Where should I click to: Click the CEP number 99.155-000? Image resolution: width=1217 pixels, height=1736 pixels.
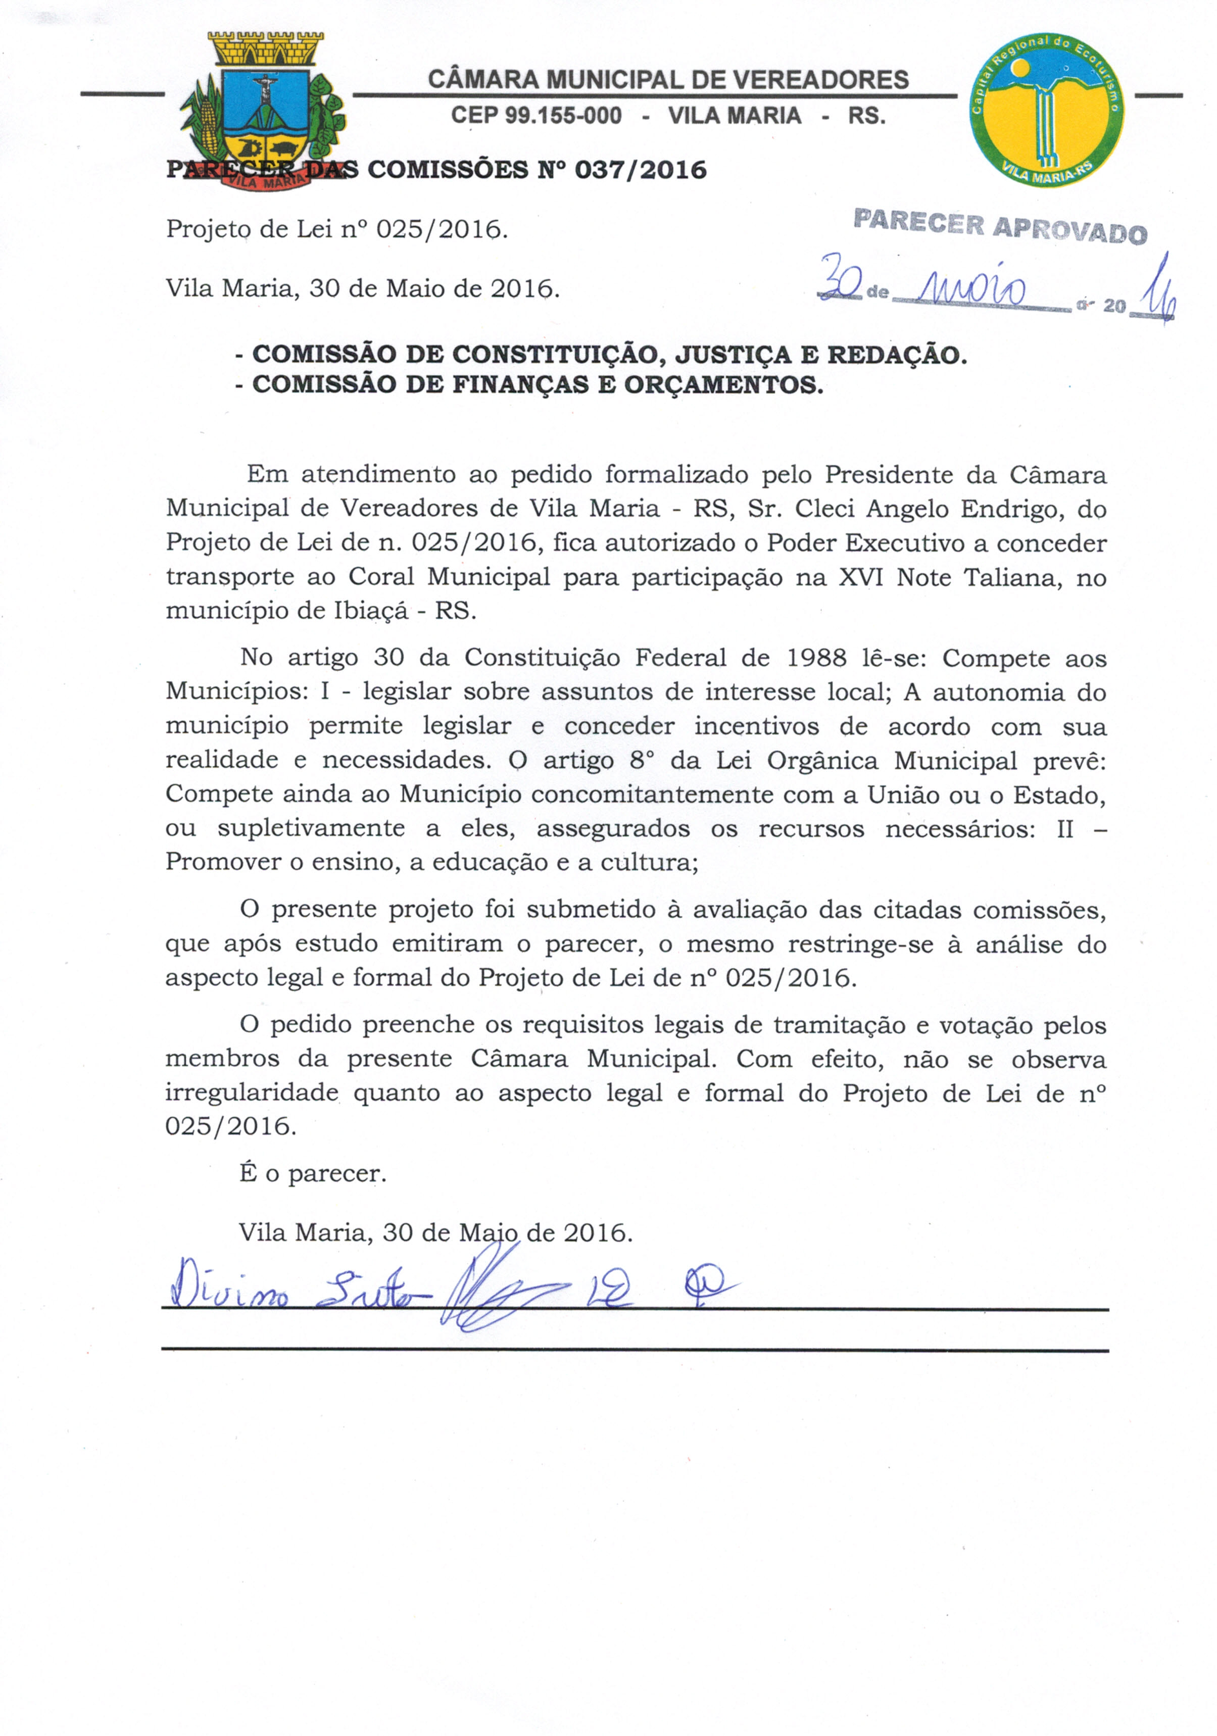(x=537, y=116)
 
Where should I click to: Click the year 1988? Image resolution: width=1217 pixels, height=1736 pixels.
(x=816, y=658)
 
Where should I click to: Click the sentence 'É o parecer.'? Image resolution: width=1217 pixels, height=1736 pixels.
(x=312, y=1173)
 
